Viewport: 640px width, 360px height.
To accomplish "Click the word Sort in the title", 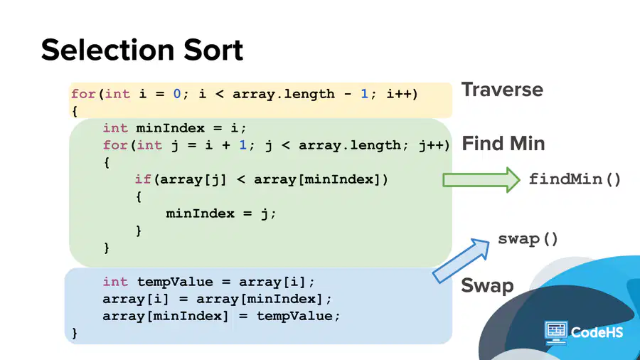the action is click(213, 50).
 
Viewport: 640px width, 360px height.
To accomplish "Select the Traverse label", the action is click(502, 90).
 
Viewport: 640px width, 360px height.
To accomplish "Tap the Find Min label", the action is click(503, 143).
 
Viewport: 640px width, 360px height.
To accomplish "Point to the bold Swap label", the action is click(487, 285).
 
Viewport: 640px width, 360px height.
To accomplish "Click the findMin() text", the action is click(575, 179).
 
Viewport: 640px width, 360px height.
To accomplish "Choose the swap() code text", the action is click(528, 239).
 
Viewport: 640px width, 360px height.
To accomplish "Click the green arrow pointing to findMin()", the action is click(481, 179).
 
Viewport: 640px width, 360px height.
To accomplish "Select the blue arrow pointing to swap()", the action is click(461, 260).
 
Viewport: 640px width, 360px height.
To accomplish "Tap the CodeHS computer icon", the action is click(556, 333).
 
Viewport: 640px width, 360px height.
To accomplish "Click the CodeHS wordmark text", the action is click(597, 332).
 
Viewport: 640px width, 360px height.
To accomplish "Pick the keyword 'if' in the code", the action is click(143, 179).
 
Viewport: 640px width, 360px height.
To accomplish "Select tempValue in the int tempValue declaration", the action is click(175, 282).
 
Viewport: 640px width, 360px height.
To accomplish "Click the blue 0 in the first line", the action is click(177, 94).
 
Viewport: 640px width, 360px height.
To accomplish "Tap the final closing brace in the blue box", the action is click(74, 333).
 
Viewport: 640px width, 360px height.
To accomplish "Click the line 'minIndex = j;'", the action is click(221, 214).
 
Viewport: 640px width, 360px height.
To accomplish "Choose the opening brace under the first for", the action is click(74, 111).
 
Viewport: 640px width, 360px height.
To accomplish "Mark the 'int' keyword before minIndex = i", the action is click(115, 128).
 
